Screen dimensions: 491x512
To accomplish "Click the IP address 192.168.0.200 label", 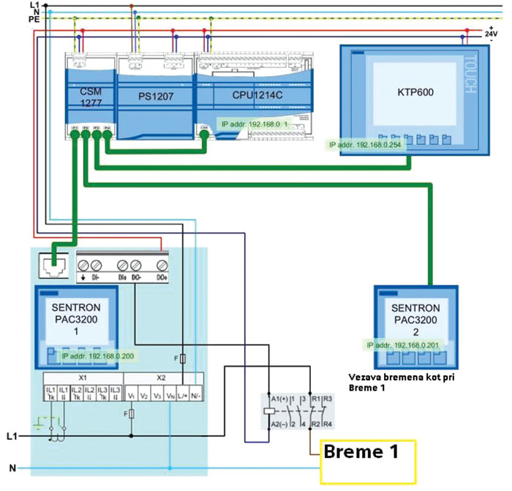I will (x=97, y=356).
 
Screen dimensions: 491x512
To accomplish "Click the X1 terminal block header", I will (x=83, y=377).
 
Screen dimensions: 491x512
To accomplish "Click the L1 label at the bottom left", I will (x=10, y=436).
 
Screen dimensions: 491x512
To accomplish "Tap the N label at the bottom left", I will (x=10, y=468).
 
